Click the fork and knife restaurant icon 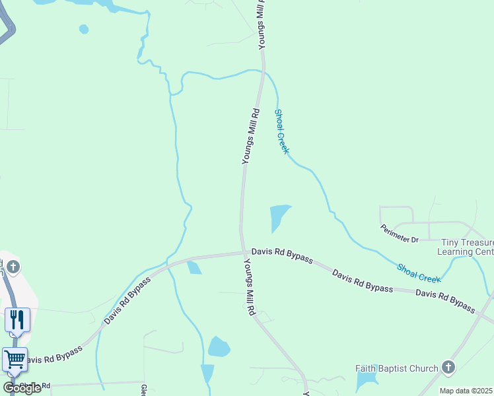[x=17, y=320]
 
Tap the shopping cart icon [x=15, y=360]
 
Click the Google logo [x=21, y=388]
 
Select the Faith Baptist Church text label [x=396, y=368]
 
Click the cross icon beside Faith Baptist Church [x=448, y=367]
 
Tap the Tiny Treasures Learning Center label [x=466, y=247]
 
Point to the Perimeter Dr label [x=400, y=234]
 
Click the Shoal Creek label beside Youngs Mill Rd [x=282, y=132]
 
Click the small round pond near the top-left [x=84, y=29]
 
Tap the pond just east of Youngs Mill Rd [x=279, y=216]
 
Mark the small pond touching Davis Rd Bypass [x=194, y=267]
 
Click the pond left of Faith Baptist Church [x=365, y=381]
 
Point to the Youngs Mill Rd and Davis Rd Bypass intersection [x=242, y=251]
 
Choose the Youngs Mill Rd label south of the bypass [x=250, y=287]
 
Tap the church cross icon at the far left [x=14, y=267]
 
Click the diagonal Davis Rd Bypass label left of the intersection [x=127, y=301]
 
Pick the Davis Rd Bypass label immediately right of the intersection [x=282, y=255]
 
